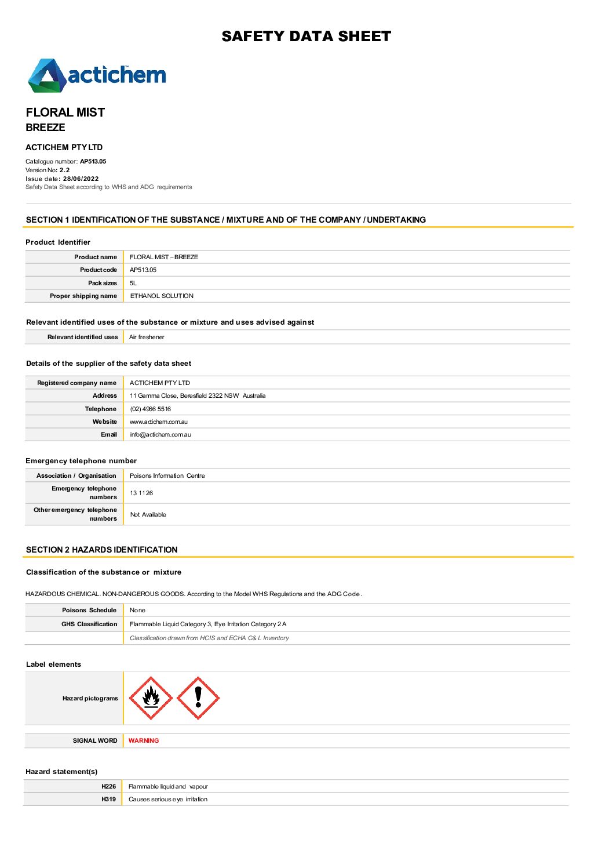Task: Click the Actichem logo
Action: [x=97, y=75]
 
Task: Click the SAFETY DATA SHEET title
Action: [x=306, y=37]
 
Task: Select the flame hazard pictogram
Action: [x=151, y=698]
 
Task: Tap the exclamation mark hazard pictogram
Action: [x=198, y=698]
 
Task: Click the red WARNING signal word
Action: [x=144, y=740]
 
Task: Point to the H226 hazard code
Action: [x=108, y=786]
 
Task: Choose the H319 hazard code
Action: [x=108, y=799]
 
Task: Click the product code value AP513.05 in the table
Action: [x=143, y=270]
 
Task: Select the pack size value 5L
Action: [x=133, y=283]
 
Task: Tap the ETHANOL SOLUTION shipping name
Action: [x=162, y=296]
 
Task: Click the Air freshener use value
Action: [x=147, y=337]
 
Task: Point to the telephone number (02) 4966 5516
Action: [x=150, y=409]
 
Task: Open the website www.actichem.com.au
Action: [x=159, y=422]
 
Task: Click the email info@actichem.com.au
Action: [x=160, y=434]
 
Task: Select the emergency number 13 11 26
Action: [x=141, y=493]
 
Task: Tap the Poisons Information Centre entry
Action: [x=167, y=475]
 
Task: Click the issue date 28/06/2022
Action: [x=81, y=179]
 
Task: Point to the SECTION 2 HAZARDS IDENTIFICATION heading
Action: [x=102, y=550]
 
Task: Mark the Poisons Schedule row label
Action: [x=89, y=610]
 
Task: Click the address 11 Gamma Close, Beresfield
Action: [x=198, y=395]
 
